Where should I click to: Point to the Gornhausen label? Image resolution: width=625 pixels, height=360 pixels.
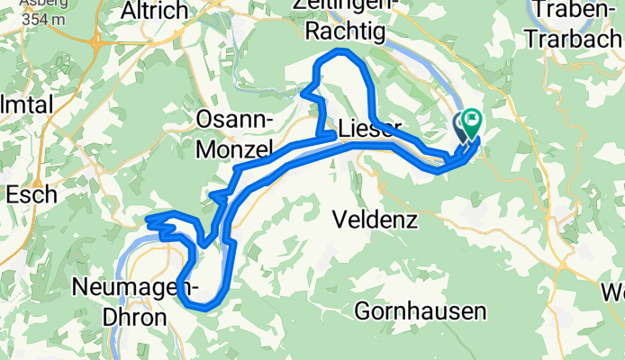[420, 311]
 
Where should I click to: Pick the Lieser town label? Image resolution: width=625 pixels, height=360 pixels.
[364, 128]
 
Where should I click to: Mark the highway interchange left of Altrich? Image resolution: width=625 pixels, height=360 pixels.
[95, 40]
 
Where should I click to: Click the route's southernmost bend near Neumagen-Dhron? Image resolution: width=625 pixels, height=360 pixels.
[206, 308]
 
